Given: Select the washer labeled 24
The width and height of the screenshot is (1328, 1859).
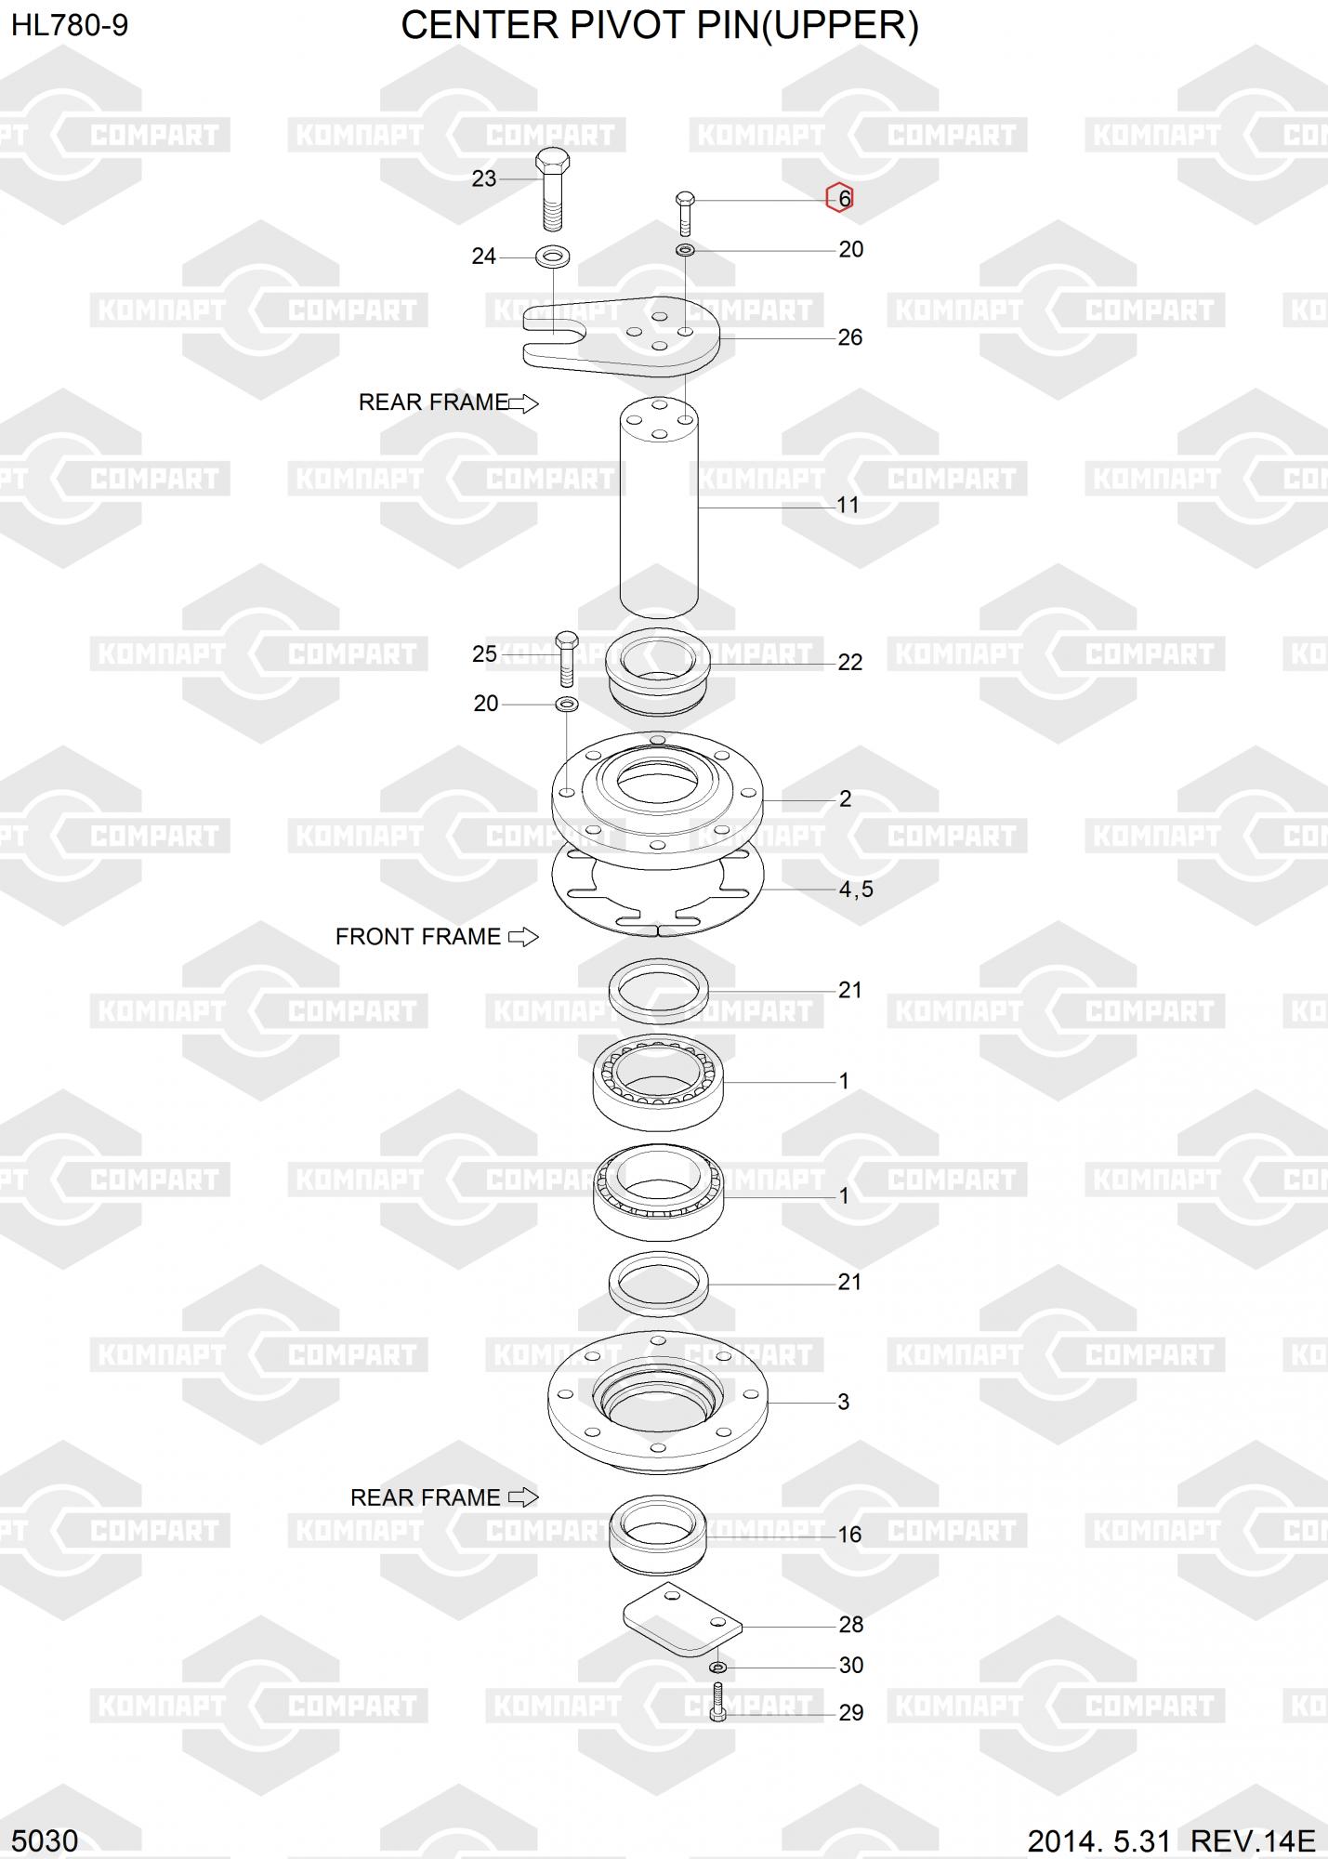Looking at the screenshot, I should (553, 256).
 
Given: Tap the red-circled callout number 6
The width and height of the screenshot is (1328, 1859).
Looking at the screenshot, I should (843, 198).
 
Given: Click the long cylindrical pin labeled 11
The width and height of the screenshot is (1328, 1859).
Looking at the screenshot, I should (659, 507).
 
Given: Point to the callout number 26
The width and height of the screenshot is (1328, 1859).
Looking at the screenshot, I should (849, 337).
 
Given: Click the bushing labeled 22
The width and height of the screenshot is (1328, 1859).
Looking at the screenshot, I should (657, 669).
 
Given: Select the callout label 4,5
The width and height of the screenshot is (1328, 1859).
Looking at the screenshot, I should (856, 890).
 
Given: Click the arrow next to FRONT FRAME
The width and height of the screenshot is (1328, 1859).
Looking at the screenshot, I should (523, 937).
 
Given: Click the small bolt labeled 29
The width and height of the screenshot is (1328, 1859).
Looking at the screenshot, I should (717, 1702).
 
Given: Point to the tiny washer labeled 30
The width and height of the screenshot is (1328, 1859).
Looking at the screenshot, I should (717, 1667).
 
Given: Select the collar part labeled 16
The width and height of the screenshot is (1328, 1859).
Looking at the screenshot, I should (658, 1532).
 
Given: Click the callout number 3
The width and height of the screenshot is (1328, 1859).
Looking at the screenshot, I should (843, 1402).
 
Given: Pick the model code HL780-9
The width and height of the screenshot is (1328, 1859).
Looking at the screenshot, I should (70, 26).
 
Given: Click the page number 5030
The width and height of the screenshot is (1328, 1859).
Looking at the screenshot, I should (45, 1840).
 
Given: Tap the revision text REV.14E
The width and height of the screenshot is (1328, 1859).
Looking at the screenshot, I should (1253, 1840).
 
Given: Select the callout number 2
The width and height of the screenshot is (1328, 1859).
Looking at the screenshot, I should (845, 799).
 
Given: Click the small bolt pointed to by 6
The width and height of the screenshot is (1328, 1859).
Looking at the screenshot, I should (685, 212).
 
